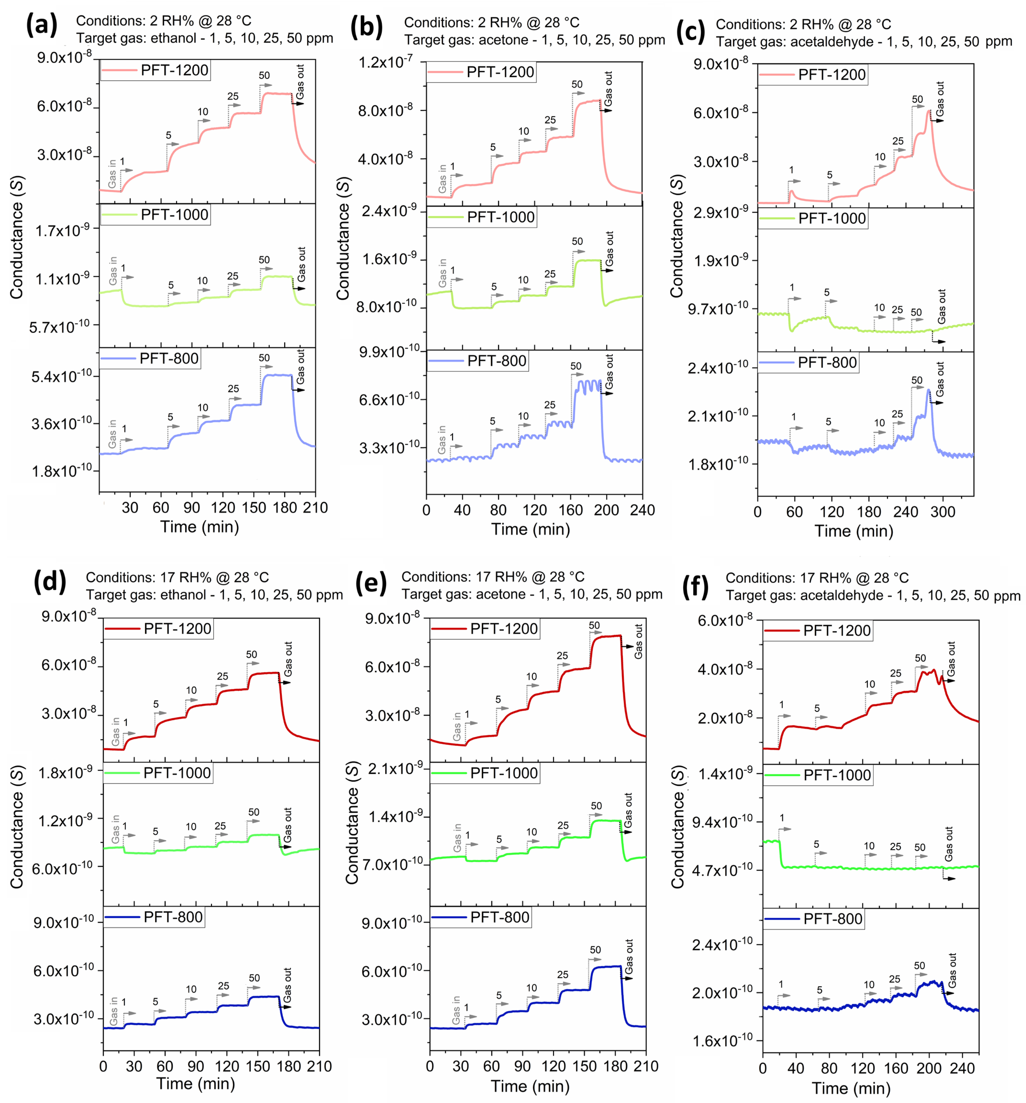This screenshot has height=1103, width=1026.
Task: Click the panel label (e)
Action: (371, 584)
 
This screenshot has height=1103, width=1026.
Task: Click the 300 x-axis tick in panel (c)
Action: (942, 512)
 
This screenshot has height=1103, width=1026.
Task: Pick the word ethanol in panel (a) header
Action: (174, 38)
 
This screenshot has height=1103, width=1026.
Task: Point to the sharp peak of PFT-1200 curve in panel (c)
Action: (928, 111)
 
